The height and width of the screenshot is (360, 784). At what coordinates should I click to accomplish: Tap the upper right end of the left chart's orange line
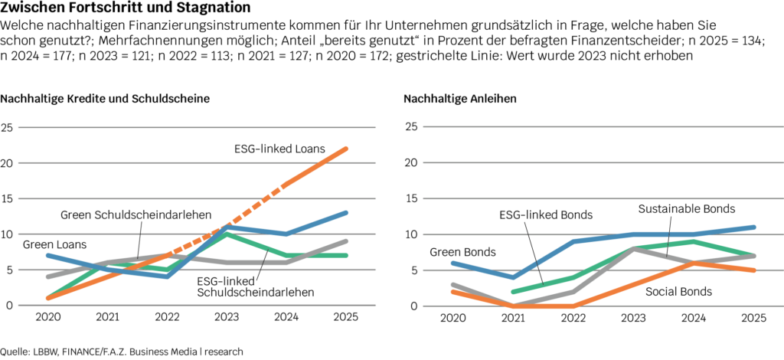tap(346, 149)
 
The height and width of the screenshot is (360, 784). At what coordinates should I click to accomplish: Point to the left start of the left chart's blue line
tap(47, 254)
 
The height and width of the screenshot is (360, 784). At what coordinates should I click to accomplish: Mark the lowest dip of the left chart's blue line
tap(167, 277)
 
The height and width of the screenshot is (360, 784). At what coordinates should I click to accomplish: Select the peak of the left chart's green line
tap(227, 234)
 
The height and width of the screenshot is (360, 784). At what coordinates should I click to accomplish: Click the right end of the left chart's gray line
tap(346, 241)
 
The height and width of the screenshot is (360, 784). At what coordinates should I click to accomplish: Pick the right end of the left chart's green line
tap(346, 255)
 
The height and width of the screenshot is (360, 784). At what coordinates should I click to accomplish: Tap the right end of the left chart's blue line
tap(346, 212)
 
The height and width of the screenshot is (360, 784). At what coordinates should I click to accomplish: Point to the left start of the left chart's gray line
tap(47, 277)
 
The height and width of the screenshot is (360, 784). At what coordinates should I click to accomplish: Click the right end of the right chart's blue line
tap(755, 227)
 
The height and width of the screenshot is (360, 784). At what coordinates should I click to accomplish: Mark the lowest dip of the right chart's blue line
tap(514, 277)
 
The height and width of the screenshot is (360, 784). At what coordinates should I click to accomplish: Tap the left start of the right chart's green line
tap(512, 292)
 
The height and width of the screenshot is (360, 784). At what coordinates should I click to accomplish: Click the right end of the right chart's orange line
tap(755, 270)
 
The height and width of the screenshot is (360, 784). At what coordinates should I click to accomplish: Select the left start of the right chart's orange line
tap(452, 291)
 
